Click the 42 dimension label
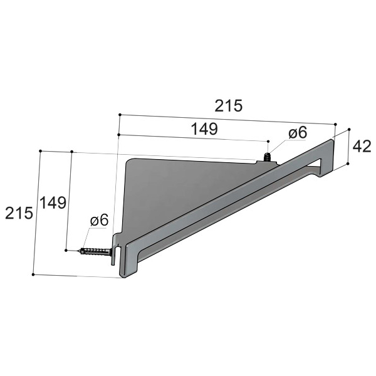(362, 147)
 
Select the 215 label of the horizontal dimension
(228, 106)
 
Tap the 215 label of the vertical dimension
(19, 213)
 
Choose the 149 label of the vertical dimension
(53, 202)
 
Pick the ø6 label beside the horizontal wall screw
(99, 220)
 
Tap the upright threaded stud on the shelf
(267, 157)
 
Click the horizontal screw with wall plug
(96, 252)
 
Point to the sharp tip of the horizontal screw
(78, 251)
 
